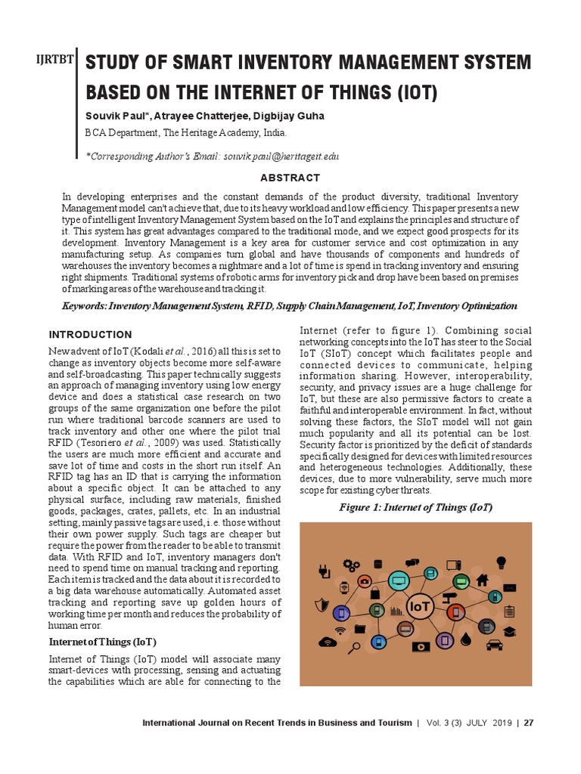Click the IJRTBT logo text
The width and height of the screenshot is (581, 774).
(57, 62)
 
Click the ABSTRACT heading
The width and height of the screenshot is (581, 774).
(290, 178)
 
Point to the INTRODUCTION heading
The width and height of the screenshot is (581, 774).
(90, 335)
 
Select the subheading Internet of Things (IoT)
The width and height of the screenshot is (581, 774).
(102, 642)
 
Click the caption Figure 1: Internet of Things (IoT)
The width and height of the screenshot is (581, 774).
(415, 507)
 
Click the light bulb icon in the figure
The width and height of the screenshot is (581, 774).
(500, 562)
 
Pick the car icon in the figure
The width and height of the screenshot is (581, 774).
(495, 645)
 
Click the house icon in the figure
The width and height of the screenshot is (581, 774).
(482, 580)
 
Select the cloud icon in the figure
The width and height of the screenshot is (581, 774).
(328, 642)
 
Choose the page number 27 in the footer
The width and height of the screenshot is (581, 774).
(529, 723)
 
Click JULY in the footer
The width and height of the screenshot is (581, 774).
(481, 723)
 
